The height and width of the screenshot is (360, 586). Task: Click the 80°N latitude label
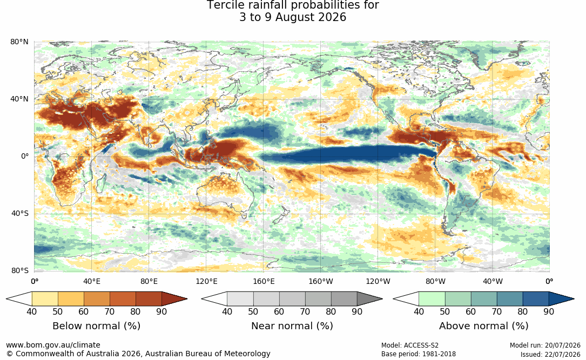(19, 42)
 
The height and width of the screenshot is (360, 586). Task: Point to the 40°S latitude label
(20, 214)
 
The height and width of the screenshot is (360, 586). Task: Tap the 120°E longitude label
(206, 281)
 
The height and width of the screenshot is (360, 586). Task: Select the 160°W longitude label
(321, 281)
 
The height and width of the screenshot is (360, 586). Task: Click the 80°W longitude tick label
(435, 281)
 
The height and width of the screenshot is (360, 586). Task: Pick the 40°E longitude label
(92, 281)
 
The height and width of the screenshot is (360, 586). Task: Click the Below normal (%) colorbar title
(97, 326)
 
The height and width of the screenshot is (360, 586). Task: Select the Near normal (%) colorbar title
(292, 326)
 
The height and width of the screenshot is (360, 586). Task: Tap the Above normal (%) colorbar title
(483, 326)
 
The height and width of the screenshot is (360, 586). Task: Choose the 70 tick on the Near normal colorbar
(305, 311)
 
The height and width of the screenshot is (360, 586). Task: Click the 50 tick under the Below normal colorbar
(58, 311)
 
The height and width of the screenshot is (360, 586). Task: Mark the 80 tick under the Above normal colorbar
(522, 311)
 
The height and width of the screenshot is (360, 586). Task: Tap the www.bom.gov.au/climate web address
(53, 345)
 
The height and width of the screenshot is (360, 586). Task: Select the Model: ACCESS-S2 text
(410, 345)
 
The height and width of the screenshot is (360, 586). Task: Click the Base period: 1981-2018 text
(419, 354)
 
